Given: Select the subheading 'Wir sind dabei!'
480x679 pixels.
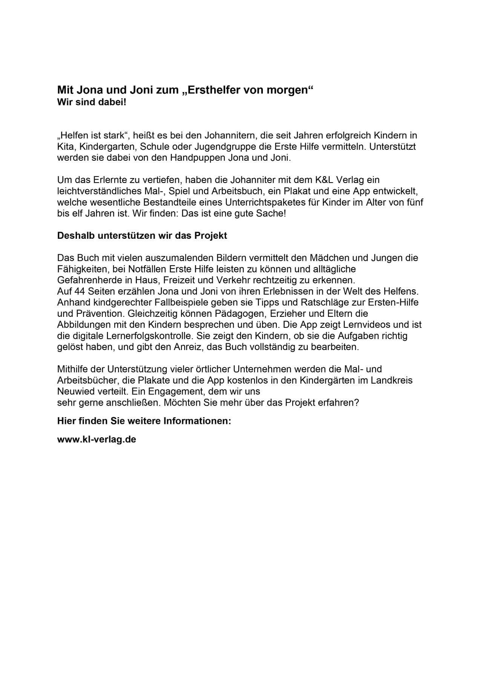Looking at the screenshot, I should [92, 102].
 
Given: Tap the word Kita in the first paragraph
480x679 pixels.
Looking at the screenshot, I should [65, 146].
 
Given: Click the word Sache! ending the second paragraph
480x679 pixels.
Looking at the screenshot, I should [271, 214].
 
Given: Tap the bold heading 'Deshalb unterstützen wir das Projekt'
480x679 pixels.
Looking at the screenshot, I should [142, 236].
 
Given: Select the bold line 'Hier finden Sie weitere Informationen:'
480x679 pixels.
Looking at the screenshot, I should [144, 421].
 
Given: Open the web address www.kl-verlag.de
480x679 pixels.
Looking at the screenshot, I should [97, 439].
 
